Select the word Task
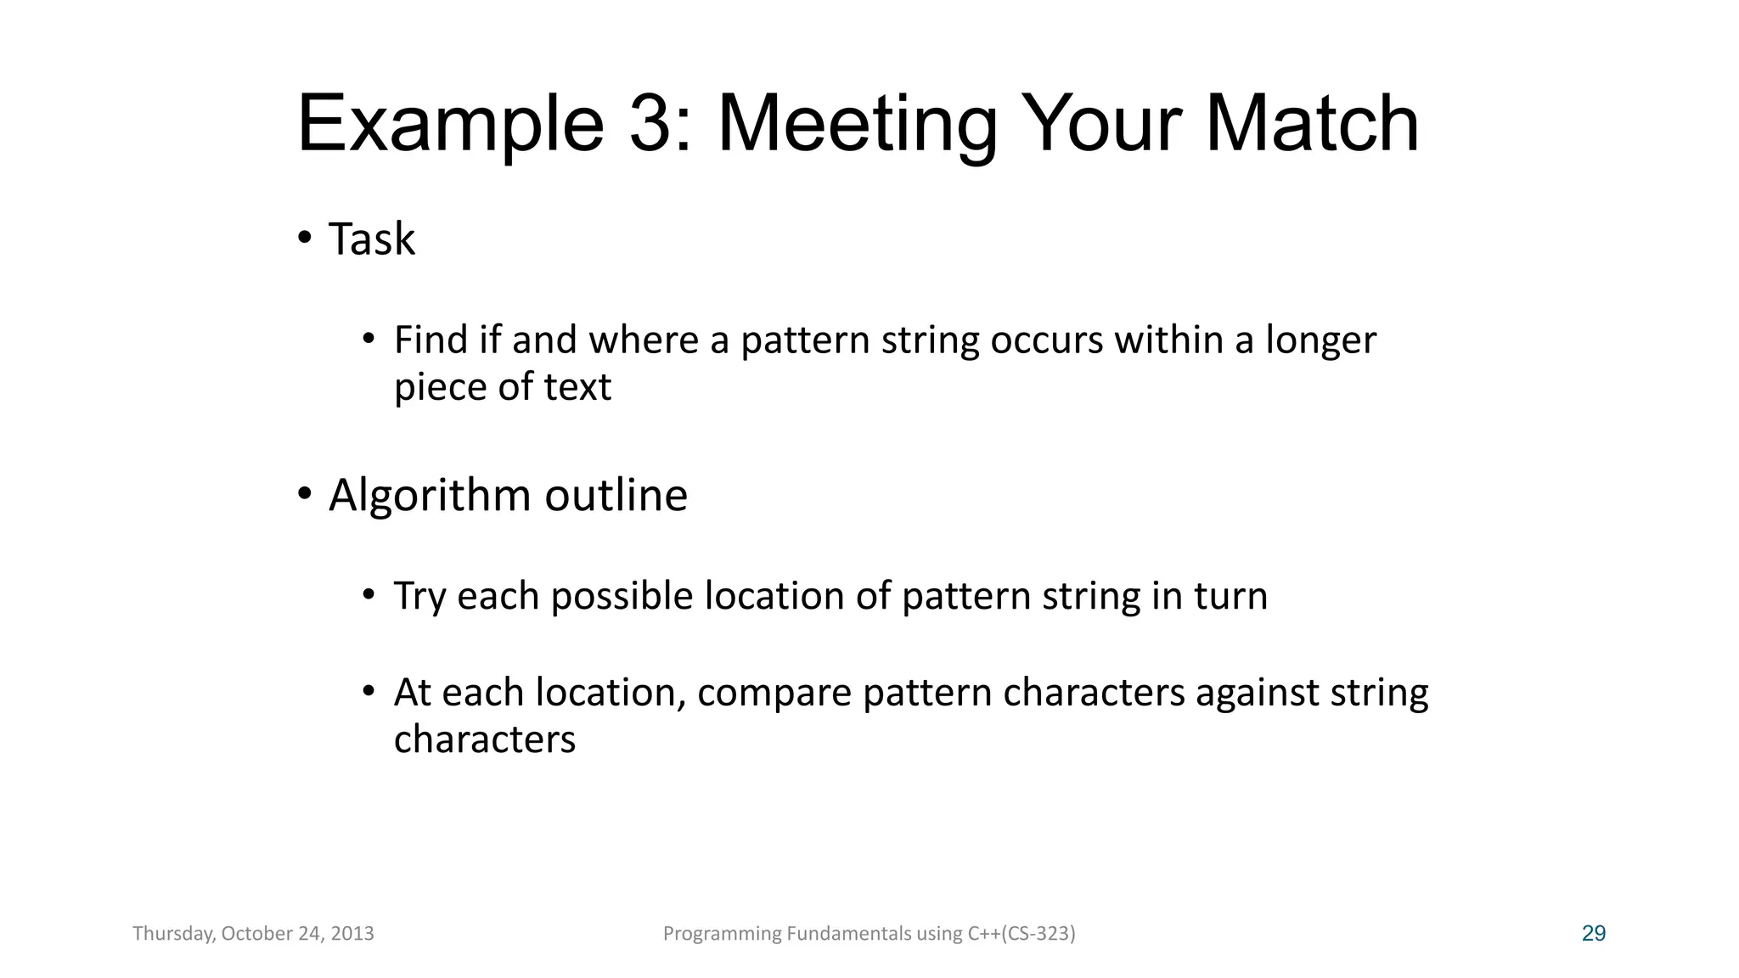(x=372, y=239)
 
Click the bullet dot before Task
(x=304, y=237)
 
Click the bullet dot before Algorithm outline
(x=304, y=493)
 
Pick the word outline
(x=616, y=496)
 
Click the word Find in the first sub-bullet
(x=431, y=340)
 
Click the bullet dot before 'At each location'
(x=369, y=690)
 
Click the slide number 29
(x=1594, y=934)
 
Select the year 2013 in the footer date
(x=352, y=934)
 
